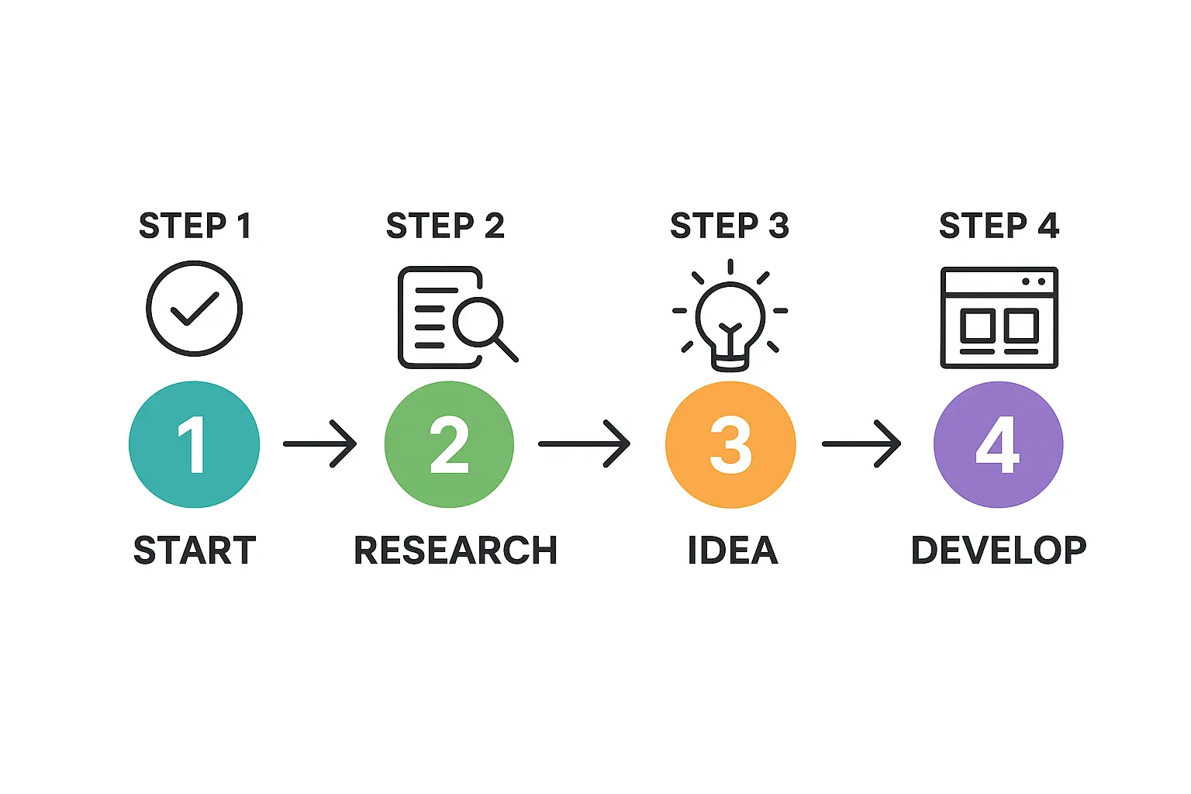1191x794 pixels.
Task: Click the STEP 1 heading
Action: (x=195, y=226)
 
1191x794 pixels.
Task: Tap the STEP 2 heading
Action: (x=445, y=226)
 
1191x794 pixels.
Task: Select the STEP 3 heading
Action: (x=729, y=226)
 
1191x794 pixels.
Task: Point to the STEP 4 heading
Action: (x=999, y=226)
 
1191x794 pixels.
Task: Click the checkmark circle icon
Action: (x=195, y=309)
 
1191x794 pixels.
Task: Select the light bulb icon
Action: (x=730, y=318)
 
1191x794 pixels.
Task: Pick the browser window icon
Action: (x=999, y=318)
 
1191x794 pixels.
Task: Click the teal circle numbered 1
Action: (x=194, y=444)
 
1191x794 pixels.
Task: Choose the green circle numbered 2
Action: (x=449, y=444)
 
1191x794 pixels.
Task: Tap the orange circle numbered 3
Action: (x=730, y=444)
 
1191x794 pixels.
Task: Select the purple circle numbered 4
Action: (x=998, y=444)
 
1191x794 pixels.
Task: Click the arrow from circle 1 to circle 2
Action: (x=319, y=444)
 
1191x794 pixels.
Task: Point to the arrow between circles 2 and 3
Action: (x=584, y=444)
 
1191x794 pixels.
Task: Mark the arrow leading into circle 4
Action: (x=861, y=444)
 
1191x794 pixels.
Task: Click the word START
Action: (x=195, y=551)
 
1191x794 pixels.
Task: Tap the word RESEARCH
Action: (x=455, y=551)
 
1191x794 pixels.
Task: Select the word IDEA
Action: (x=733, y=551)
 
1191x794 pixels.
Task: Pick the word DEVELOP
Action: (x=999, y=551)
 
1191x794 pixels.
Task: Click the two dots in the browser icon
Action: (x=1034, y=281)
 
